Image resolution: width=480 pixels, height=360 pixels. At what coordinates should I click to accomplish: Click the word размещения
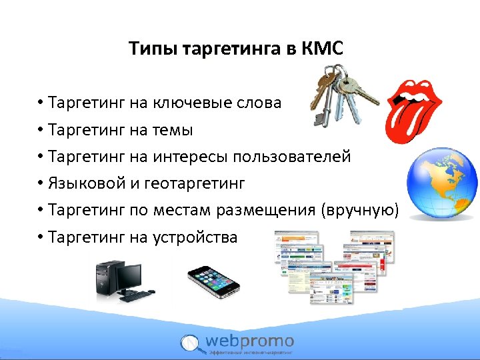[268, 211]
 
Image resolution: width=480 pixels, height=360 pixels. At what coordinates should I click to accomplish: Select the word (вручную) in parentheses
[360, 211]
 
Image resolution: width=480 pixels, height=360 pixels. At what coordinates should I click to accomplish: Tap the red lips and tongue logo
[413, 107]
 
